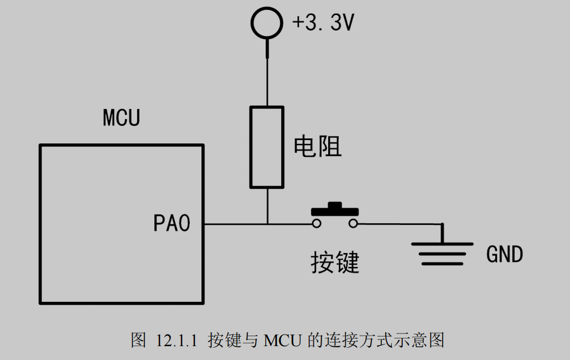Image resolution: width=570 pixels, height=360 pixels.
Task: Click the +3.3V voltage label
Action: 323,23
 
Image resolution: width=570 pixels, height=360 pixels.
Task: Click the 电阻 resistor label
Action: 317,147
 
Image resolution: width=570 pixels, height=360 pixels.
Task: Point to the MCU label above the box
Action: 121,118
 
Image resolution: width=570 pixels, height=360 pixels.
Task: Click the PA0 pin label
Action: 172,224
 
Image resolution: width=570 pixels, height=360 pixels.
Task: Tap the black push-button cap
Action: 335,209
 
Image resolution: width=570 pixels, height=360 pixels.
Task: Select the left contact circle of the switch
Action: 316,224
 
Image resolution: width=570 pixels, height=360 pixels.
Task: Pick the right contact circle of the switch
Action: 353,224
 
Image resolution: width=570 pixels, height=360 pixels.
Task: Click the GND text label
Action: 504,255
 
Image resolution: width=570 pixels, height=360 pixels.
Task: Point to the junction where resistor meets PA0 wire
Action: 267,224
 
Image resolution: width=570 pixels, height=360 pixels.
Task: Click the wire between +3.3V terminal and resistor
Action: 267,78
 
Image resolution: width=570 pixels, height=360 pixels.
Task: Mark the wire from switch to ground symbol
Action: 398,224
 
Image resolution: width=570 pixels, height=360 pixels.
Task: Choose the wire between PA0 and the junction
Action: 235,224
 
